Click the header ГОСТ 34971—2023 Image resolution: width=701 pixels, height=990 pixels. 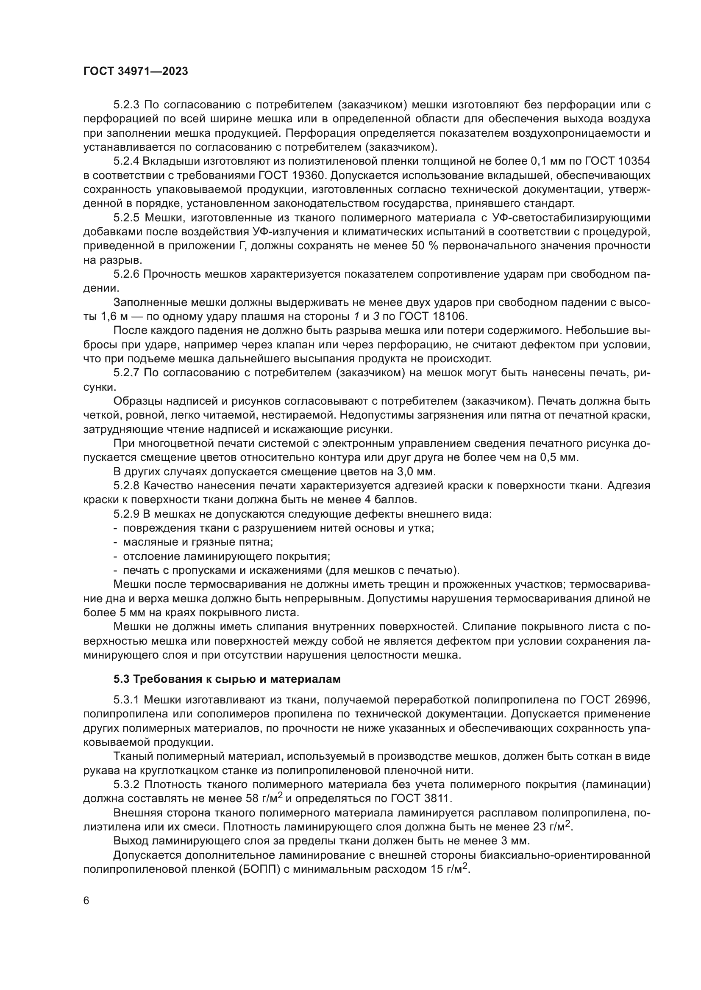point(136,72)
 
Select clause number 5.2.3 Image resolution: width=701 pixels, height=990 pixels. point(127,105)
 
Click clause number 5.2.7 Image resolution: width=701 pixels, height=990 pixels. point(127,373)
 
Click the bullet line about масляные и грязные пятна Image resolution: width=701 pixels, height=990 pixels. point(198,542)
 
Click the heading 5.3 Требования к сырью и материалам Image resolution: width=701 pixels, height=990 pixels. point(227,679)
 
